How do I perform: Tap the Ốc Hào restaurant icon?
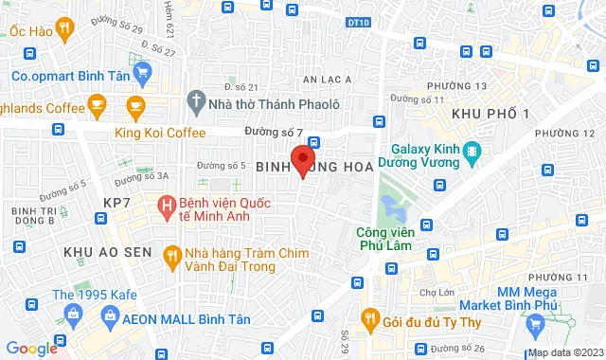pyautogui.click(x=65, y=29)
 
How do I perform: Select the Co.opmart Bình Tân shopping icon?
pyautogui.click(x=142, y=73)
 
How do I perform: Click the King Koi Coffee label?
pyautogui.click(x=161, y=133)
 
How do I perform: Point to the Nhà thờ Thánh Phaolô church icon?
pyautogui.click(x=195, y=99)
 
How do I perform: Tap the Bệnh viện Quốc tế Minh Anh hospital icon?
pyautogui.click(x=168, y=205)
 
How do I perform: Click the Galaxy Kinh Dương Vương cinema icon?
pyautogui.click(x=473, y=153)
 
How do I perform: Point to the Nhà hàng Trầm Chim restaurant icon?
pyautogui.click(x=170, y=254)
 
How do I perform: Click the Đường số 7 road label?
pyautogui.click(x=273, y=130)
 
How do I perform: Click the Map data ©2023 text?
pyautogui.click(x=565, y=352)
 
